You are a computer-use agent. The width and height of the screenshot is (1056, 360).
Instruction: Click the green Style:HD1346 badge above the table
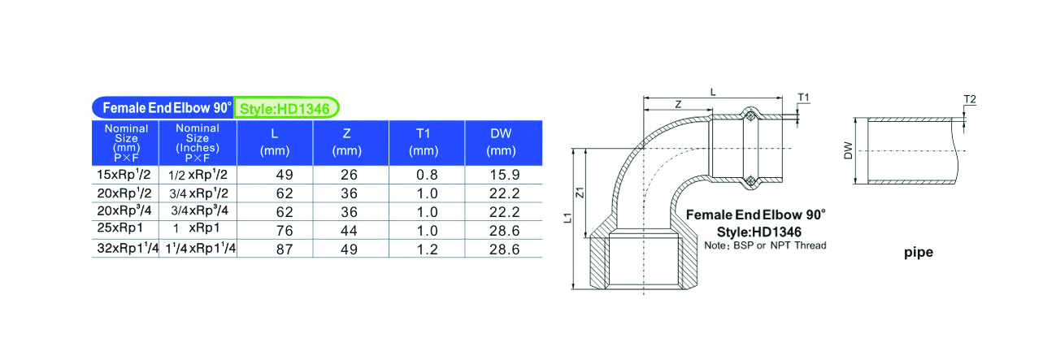[x=286, y=108]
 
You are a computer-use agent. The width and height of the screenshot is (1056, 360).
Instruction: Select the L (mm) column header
[x=275, y=142]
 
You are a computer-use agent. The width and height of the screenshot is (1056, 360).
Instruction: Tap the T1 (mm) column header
[x=424, y=142]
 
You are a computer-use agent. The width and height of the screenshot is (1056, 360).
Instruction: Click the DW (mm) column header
[x=501, y=142]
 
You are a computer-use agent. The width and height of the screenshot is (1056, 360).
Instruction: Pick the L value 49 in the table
[x=285, y=175]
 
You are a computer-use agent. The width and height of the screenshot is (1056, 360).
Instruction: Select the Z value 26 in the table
[x=349, y=175]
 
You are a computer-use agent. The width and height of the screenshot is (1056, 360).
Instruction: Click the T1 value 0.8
[x=427, y=175]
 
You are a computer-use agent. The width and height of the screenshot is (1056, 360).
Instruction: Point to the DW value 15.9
[x=505, y=175]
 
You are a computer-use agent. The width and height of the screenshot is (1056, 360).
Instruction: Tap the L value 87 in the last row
[x=285, y=249]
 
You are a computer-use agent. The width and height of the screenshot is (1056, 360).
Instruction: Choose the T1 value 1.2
[x=427, y=249]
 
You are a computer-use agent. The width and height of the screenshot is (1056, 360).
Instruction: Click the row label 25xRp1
[x=120, y=228]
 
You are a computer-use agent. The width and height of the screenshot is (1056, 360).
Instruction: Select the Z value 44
[x=349, y=231]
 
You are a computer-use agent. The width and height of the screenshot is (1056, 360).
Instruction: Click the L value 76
[x=285, y=231]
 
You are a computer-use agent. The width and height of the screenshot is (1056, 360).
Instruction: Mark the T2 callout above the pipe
[x=970, y=99]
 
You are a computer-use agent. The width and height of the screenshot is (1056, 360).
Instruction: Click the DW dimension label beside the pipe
[x=848, y=150]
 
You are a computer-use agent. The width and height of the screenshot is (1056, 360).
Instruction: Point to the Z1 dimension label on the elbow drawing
[x=580, y=193]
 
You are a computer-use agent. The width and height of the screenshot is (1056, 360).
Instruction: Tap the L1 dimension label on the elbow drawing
[x=567, y=218]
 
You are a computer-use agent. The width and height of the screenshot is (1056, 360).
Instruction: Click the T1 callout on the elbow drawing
[x=803, y=98]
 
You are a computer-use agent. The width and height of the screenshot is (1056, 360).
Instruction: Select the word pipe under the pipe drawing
[x=919, y=253]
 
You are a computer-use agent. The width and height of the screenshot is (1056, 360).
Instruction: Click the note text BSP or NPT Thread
[x=780, y=245]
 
